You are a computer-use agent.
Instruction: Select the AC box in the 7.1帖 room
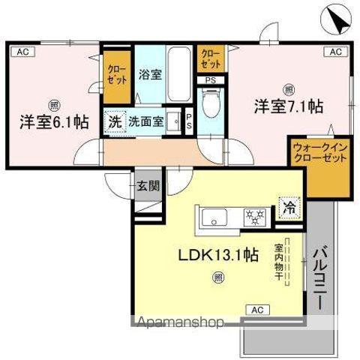334,52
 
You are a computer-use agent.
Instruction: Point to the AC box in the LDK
256,309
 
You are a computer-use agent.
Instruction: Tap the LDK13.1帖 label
218,255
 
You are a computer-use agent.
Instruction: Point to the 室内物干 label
278,262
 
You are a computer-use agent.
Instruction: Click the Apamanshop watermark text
179,324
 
